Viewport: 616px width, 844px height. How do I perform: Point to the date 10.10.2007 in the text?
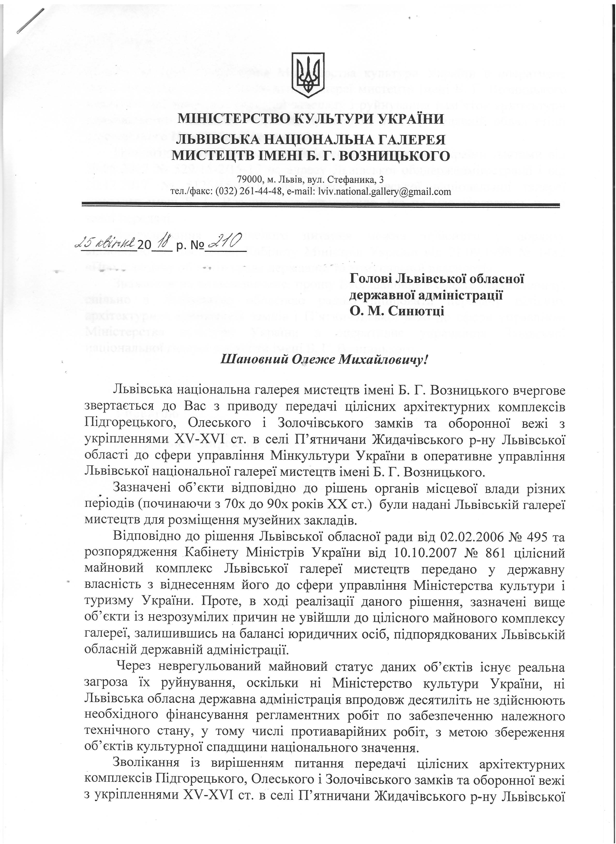425,553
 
